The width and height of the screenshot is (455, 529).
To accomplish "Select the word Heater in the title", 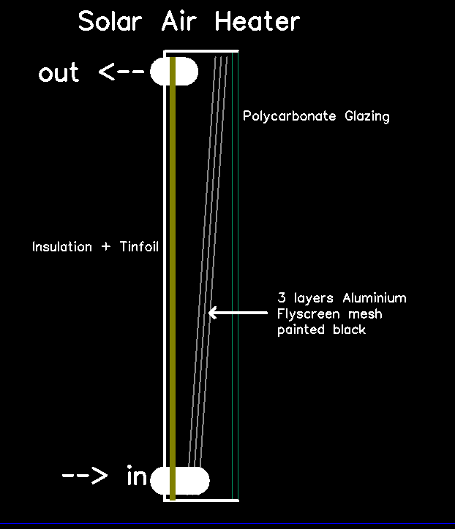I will click(x=257, y=20).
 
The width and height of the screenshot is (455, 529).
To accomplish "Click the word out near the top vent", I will click(x=59, y=73).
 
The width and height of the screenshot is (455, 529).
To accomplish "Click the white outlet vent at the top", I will click(x=175, y=72).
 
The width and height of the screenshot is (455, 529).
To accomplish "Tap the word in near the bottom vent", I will click(x=137, y=478).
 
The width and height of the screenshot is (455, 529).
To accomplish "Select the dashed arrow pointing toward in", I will click(x=85, y=477).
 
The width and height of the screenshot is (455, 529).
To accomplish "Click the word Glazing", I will click(x=366, y=116).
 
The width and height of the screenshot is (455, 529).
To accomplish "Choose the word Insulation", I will click(x=62, y=247).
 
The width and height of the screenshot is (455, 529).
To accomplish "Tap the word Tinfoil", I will click(x=135, y=247).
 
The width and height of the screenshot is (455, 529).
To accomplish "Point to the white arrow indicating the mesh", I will click(x=238, y=313).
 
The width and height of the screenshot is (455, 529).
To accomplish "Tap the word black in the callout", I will click(x=348, y=330).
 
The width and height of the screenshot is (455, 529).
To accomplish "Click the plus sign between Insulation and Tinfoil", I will click(x=106, y=247).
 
